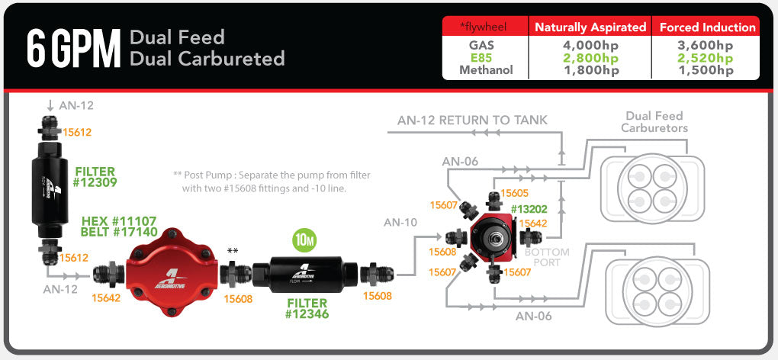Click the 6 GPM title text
point(73,48)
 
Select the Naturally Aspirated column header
point(590,27)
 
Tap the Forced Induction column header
point(707,27)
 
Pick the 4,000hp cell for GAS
point(590,45)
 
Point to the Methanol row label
point(486,70)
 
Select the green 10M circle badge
point(304,240)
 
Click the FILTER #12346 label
point(307,307)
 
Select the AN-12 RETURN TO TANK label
point(472,121)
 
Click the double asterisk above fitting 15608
point(233,251)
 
